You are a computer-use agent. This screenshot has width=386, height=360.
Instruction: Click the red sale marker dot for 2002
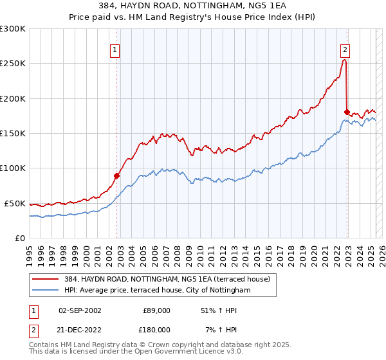pos(116,175)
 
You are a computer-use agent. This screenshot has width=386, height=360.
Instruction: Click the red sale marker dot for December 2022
pos(347,112)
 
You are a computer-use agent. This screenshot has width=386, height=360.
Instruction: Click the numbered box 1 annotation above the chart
pos(115,50)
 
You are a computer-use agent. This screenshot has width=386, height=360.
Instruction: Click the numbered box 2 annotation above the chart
pos(345,50)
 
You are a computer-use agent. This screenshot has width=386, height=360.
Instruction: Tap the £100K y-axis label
pos(13,168)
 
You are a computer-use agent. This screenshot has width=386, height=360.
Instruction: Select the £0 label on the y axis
pos(20,238)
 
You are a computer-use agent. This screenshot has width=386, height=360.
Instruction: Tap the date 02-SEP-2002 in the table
pos(80,310)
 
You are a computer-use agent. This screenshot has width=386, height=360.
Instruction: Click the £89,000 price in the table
pos(156,310)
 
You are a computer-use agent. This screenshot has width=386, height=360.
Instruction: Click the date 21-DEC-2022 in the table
pos(80,329)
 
